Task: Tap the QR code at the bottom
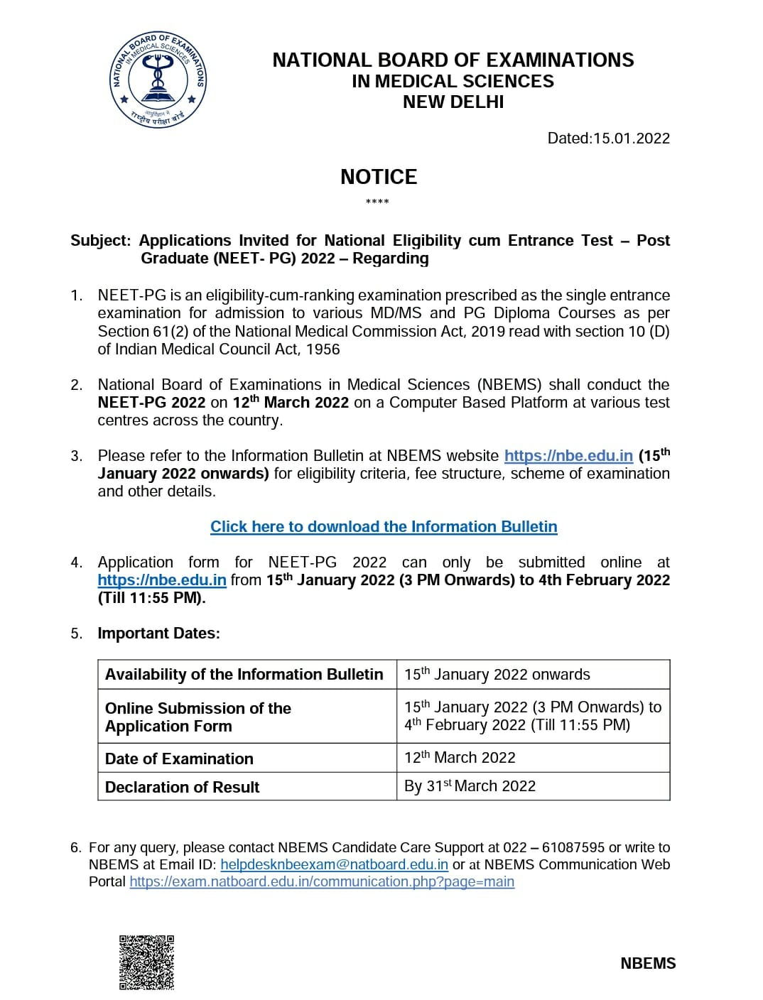146,962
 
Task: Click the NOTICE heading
379,177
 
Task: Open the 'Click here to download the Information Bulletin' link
384,526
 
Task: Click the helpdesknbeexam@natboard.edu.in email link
334,864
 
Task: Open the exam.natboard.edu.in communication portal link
322,881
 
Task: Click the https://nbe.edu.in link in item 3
568,456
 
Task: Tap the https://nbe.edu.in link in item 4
162,580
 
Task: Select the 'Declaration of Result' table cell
182,787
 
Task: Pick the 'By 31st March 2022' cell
470,786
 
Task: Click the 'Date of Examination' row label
179,759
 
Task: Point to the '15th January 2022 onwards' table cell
497,674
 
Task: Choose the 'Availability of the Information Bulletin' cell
244,674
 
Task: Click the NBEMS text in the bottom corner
648,963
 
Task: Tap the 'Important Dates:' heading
158,633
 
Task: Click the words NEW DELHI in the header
453,102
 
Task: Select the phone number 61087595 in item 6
573,847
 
